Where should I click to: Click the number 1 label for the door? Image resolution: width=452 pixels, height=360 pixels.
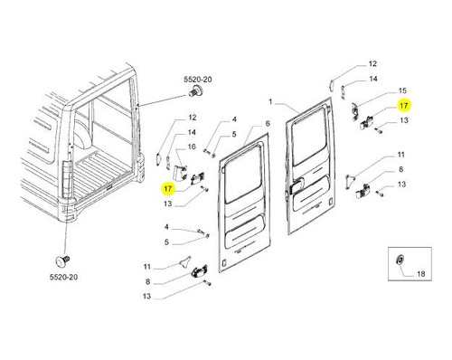(x=270, y=102)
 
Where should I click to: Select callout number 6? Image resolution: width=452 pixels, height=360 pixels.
(x=268, y=124)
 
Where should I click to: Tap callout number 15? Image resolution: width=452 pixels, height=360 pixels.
(x=402, y=90)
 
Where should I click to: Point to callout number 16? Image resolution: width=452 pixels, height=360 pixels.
(x=192, y=147)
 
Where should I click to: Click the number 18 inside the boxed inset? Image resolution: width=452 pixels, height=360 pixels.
(x=421, y=274)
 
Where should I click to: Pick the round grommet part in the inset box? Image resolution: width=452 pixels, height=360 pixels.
(x=400, y=260)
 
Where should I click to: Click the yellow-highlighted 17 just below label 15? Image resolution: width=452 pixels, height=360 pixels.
(x=403, y=106)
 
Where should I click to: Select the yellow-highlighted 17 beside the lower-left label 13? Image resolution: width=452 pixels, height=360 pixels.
(x=168, y=189)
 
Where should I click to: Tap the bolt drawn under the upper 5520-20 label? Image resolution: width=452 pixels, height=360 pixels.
(x=196, y=90)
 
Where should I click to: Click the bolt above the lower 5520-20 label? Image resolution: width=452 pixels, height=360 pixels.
(x=63, y=261)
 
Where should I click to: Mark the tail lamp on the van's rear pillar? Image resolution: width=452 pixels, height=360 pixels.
(x=66, y=179)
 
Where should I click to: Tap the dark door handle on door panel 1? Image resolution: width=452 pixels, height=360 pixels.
(x=296, y=187)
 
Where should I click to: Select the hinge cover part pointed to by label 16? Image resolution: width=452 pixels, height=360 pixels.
(x=180, y=173)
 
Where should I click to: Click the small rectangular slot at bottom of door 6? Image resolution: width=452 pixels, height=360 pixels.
(x=223, y=263)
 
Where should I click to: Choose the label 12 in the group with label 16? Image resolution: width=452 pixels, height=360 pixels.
(x=193, y=118)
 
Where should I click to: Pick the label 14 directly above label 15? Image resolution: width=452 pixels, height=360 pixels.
(x=373, y=79)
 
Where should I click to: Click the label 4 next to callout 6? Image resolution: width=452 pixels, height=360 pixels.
(x=234, y=119)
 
